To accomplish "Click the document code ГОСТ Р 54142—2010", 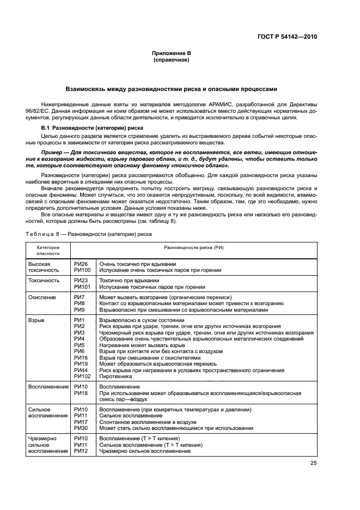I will point(286,37).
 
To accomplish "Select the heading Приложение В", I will point(172,53).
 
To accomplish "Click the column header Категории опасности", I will point(48,250).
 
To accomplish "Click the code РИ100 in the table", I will point(82,270).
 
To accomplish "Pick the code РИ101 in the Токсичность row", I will point(82,286).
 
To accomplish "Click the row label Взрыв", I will point(36,320).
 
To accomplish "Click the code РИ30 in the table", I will point(81,428).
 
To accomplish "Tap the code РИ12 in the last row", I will point(81,451).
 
